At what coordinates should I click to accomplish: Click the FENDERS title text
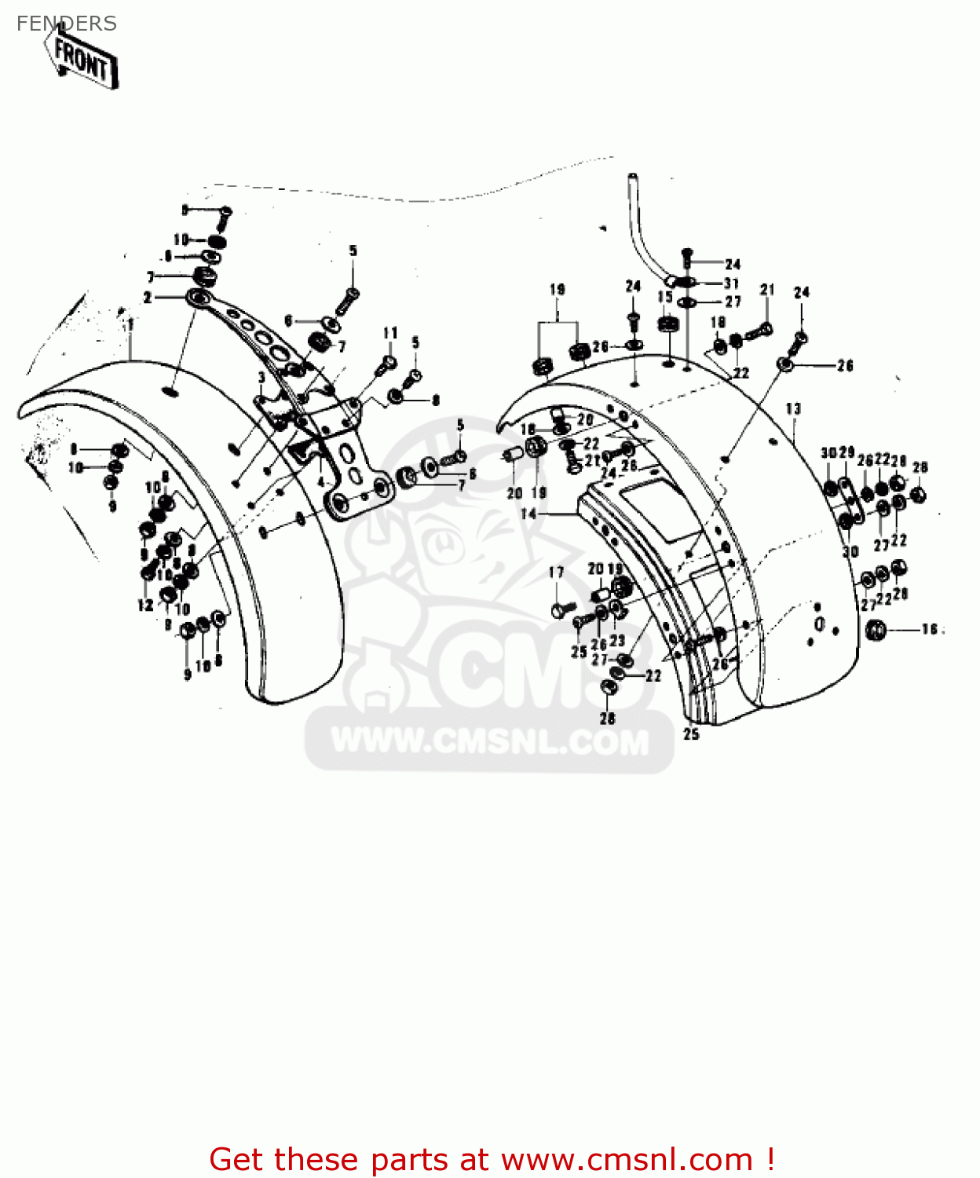(x=66, y=24)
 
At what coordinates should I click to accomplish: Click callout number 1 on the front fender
(x=130, y=324)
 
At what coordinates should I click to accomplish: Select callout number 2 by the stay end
(x=148, y=298)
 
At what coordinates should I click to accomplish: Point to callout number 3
(x=261, y=379)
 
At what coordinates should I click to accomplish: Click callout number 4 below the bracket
(x=320, y=481)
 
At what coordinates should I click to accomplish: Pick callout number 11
(x=390, y=333)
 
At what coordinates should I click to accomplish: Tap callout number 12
(x=145, y=605)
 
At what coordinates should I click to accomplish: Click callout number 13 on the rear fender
(x=793, y=409)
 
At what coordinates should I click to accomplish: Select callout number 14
(x=528, y=514)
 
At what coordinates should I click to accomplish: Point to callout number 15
(x=665, y=297)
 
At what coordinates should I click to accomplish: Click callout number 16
(x=930, y=629)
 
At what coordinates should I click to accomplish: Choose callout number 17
(x=556, y=573)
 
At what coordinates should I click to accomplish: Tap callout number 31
(x=731, y=283)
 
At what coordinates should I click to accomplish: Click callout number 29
(x=847, y=453)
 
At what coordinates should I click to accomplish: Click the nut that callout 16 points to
(x=876, y=629)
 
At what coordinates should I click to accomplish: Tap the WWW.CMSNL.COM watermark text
(x=490, y=742)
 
